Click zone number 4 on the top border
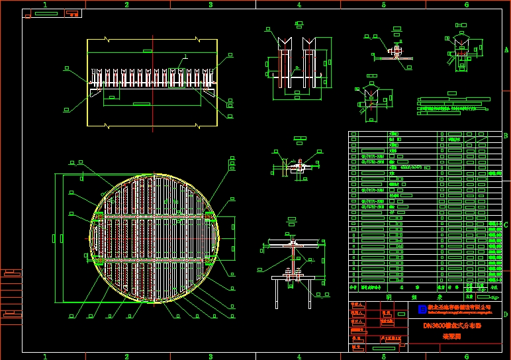[299, 5]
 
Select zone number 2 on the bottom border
[126, 356]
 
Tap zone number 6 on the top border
[467, 5]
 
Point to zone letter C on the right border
[506, 224]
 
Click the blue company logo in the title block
[422, 309]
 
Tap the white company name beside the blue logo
[459, 308]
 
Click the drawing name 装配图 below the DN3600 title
[451, 336]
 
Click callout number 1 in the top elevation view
[186, 56]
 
